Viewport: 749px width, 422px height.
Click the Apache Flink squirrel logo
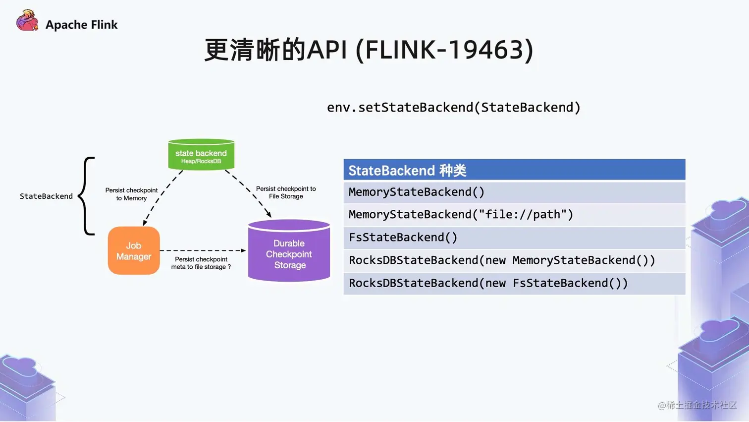[27, 21]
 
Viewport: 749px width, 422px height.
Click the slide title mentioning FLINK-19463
[369, 50]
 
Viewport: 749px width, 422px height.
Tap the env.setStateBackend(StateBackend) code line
[453, 108]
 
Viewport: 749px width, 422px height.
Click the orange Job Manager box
[134, 251]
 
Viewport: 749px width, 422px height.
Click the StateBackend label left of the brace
[46, 196]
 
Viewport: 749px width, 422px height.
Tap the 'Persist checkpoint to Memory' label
[131, 194]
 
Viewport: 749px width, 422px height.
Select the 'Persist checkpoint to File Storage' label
[286, 192]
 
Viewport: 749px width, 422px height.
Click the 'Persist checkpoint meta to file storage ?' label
[201, 263]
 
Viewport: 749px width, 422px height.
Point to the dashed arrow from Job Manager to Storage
[203, 250]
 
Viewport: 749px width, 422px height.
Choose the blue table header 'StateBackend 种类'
[514, 170]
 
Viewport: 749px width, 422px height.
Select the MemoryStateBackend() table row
[514, 192]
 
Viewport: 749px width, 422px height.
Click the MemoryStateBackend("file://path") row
[514, 215]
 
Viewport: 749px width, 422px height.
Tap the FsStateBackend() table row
[514, 238]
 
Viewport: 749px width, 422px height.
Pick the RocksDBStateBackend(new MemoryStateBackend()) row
[514, 260]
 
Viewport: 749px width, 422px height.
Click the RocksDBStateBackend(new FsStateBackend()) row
[514, 283]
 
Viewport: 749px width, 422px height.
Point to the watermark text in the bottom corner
[697, 405]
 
